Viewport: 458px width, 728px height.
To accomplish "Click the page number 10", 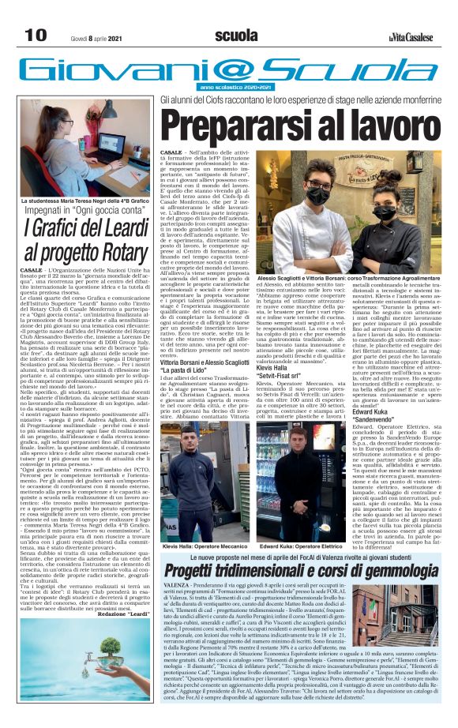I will tap(35, 35).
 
